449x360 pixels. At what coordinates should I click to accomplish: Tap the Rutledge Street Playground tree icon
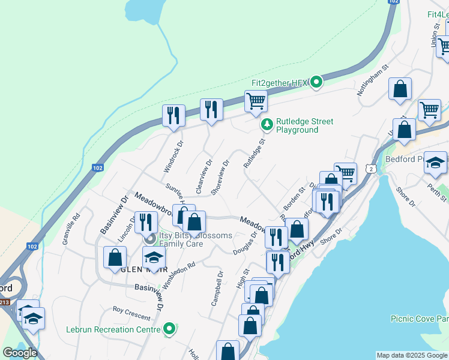(266, 125)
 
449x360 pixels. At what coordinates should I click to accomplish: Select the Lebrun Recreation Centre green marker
(170, 329)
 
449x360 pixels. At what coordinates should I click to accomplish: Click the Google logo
(20, 353)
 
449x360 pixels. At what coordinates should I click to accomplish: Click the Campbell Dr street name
(217, 289)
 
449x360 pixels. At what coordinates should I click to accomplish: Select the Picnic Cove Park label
(419, 319)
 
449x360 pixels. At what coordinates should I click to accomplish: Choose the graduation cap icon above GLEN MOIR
(154, 257)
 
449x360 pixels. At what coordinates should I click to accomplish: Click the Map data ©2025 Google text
(412, 355)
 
